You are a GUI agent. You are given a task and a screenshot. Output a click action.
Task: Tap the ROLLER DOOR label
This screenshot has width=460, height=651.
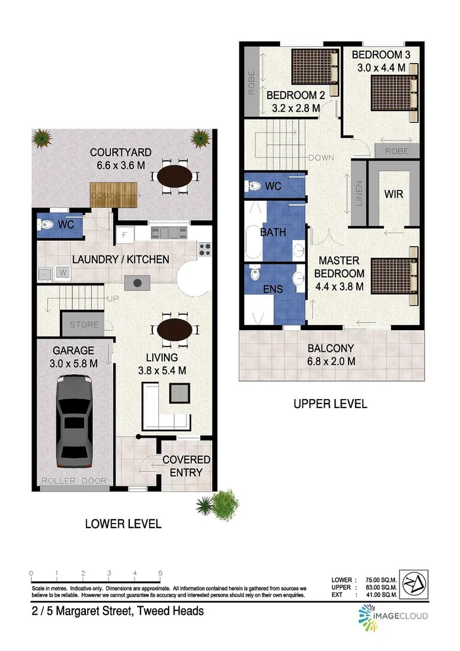click(x=74, y=481)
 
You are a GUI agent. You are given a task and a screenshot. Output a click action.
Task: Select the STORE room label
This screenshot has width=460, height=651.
click(x=84, y=324)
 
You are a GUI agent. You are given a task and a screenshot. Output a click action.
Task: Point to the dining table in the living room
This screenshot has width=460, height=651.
click(x=174, y=329)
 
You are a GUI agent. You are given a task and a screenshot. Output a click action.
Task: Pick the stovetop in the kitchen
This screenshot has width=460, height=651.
click(x=205, y=249)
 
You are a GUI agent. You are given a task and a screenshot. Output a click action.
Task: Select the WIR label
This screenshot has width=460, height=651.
click(x=393, y=195)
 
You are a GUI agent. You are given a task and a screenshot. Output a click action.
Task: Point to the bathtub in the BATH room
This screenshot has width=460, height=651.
click(x=254, y=242)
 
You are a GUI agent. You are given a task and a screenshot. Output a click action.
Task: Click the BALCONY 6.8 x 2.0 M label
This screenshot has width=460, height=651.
click(x=331, y=354)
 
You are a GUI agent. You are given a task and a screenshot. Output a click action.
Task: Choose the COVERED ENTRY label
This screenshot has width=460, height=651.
click(x=186, y=466)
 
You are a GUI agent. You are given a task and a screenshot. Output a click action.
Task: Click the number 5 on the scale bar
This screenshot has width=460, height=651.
click(x=160, y=573)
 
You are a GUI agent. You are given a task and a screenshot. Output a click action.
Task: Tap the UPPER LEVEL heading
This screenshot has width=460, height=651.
click(x=330, y=404)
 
